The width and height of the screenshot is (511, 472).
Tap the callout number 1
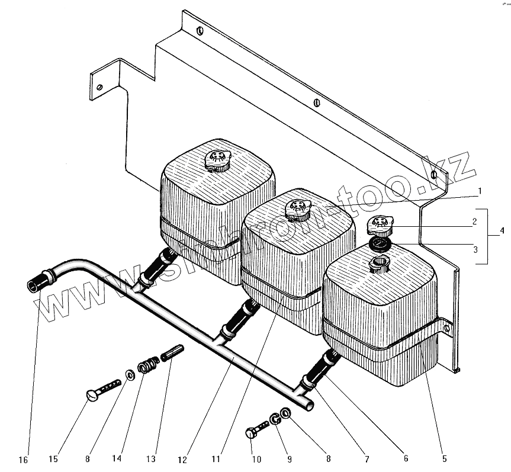point(480,191)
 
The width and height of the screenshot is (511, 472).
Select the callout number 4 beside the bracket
point(502,230)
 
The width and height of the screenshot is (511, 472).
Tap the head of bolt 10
point(250,434)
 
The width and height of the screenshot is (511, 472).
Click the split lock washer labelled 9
point(275,419)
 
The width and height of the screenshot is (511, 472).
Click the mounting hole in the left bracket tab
point(100,87)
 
